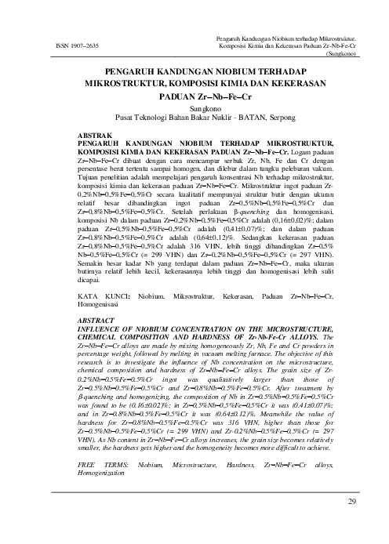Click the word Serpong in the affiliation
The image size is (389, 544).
point(256,118)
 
